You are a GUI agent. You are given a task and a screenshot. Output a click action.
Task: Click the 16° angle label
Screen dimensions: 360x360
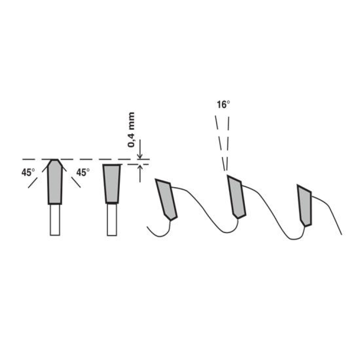(223, 105)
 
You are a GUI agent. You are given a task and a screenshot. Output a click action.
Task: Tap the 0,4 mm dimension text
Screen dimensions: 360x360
(131, 130)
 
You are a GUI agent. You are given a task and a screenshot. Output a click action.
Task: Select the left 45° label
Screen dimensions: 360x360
(28, 172)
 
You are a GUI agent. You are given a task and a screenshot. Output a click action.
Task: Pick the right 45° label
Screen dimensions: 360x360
(83, 172)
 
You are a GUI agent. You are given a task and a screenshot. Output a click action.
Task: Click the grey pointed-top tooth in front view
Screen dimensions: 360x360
(55, 182)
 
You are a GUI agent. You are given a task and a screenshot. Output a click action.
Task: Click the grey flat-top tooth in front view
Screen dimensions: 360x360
(112, 184)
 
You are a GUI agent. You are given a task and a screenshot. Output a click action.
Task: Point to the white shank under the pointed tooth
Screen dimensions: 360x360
(55, 220)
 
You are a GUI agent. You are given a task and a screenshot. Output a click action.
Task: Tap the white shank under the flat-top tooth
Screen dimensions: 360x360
(112, 220)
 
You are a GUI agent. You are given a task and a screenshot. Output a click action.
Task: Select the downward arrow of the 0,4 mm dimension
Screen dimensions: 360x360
(140, 149)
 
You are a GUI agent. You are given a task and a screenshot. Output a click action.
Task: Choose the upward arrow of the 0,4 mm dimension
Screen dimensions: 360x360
(140, 174)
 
